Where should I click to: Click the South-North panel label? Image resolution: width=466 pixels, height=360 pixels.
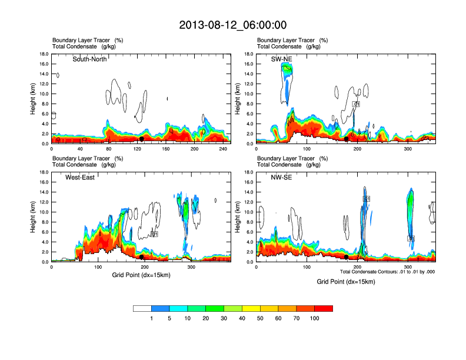click(x=89, y=59)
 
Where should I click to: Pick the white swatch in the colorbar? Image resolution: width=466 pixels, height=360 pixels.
click(x=142, y=308)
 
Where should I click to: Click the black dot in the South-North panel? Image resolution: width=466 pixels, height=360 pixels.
click(x=142, y=139)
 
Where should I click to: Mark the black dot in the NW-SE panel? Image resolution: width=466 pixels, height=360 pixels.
click(x=347, y=257)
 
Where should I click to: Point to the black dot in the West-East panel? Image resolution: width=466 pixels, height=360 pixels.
click(x=142, y=257)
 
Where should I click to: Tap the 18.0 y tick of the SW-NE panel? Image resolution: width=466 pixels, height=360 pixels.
click(x=249, y=54)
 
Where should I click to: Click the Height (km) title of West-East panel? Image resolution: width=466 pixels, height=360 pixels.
click(x=34, y=216)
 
